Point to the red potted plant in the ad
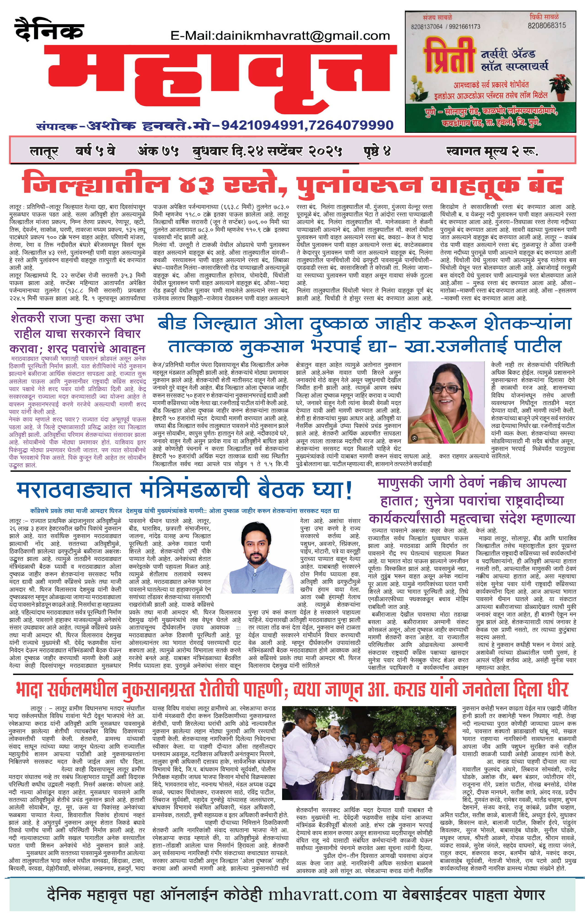point(560,86)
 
